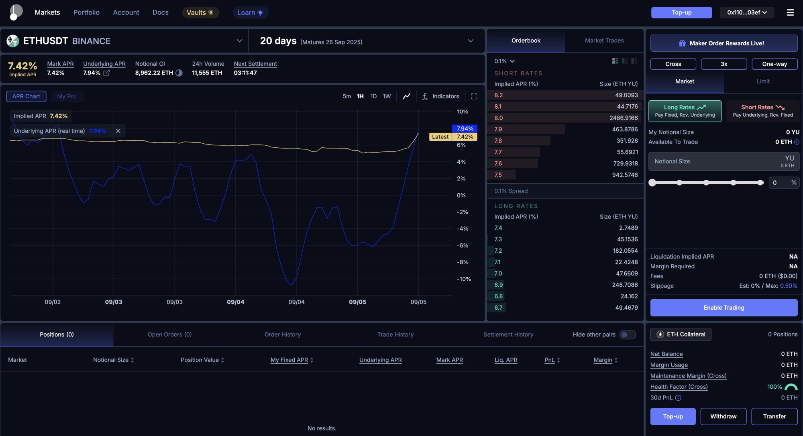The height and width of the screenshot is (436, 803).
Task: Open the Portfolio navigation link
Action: tap(86, 12)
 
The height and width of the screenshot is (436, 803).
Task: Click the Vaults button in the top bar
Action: tap(200, 12)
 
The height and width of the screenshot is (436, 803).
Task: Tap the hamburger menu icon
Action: tap(790, 12)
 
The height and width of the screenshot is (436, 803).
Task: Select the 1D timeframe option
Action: tap(373, 96)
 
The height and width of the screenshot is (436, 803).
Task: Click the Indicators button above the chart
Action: tap(440, 96)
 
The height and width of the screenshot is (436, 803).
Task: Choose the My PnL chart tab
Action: tap(67, 96)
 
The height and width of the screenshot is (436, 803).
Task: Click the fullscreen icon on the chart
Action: tap(474, 96)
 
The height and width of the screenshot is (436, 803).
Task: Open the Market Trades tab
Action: tap(604, 41)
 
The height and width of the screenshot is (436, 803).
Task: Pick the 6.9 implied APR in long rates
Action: tap(498, 285)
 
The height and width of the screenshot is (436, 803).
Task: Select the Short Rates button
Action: tap(762, 111)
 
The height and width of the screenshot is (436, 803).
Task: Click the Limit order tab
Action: tap(763, 81)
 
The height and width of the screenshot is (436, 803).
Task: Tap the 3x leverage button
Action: tap(724, 64)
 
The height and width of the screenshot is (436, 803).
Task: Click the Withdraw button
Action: tap(723, 416)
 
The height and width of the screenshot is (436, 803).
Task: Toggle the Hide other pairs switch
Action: tap(628, 335)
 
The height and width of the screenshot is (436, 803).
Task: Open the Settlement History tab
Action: tap(508, 335)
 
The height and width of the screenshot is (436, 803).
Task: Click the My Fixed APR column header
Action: tap(289, 360)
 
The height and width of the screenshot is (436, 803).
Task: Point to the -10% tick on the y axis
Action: tap(464, 279)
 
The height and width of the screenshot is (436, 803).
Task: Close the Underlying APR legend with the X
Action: tap(118, 131)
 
